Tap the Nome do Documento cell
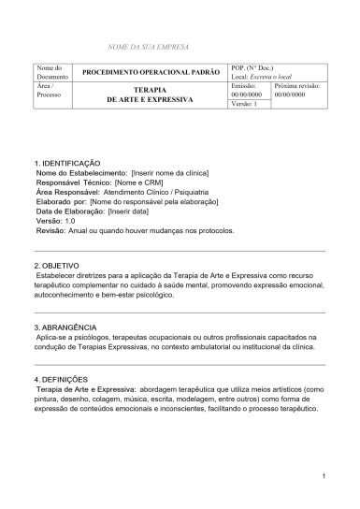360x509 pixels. click(50, 72)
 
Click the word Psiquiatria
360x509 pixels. click(215, 192)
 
